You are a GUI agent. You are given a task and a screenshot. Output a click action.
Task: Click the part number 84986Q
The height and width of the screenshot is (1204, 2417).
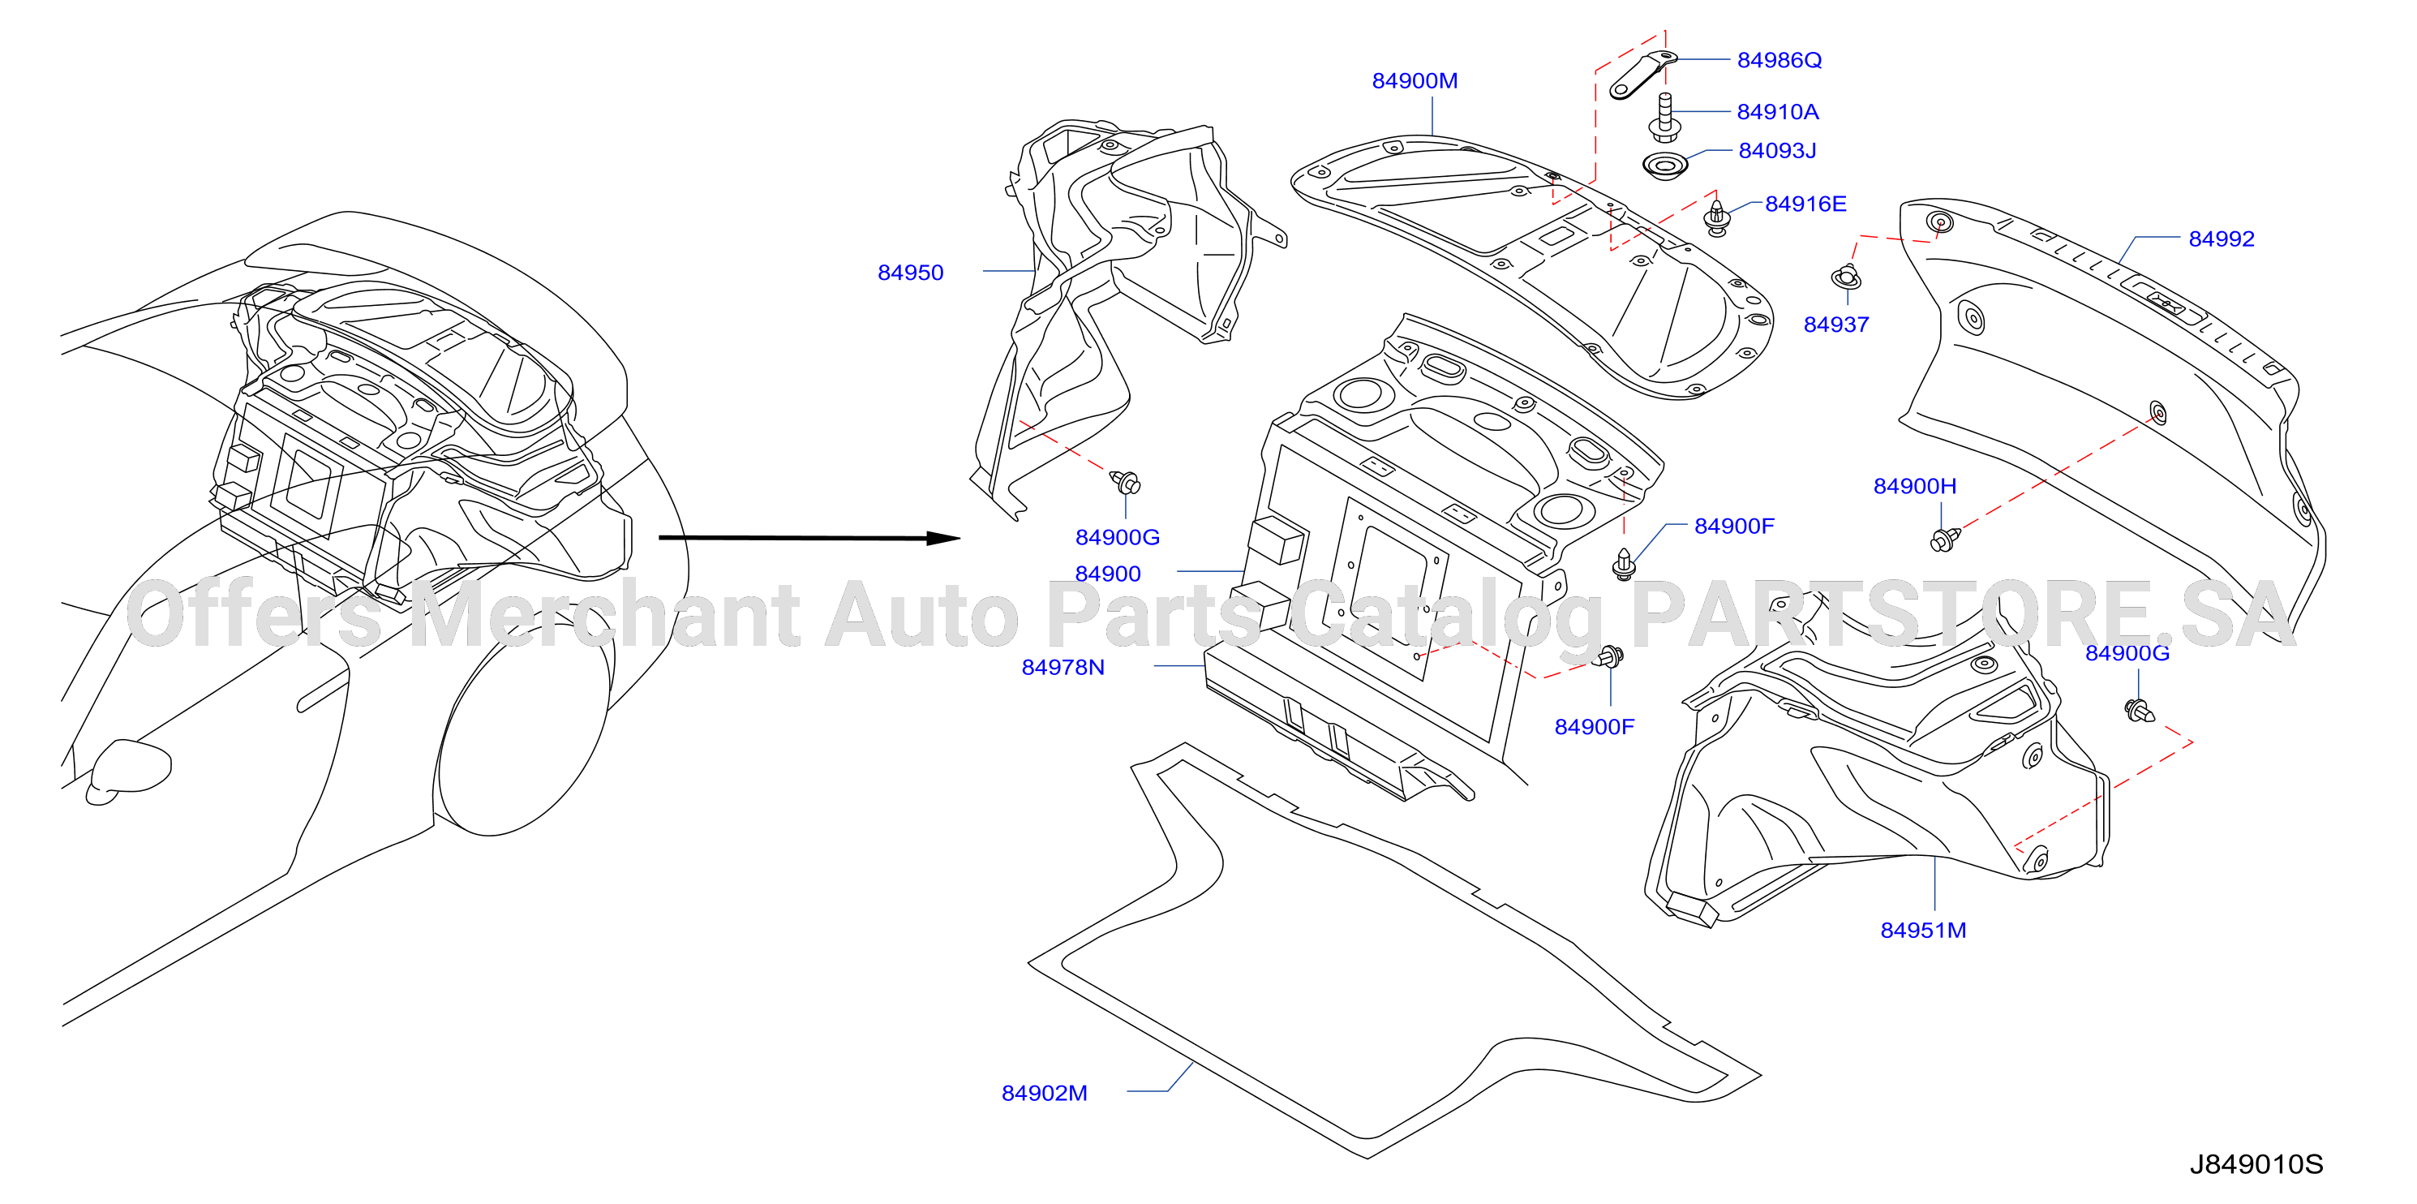(1779, 60)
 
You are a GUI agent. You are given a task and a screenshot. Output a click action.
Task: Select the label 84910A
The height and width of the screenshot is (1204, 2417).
(1777, 112)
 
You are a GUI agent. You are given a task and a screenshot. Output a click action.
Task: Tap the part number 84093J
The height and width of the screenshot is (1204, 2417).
(1777, 150)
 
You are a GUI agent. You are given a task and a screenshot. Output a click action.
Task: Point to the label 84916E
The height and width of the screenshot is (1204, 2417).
(1805, 204)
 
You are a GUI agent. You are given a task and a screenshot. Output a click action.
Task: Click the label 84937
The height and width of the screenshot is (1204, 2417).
(1836, 324)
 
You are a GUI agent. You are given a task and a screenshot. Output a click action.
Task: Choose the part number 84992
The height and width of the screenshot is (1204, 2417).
(2221, 239)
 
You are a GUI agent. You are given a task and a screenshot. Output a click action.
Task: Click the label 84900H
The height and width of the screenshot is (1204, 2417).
(1915, 486)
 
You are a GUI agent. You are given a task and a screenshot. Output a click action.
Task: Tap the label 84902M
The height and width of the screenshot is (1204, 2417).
(1045, 1094)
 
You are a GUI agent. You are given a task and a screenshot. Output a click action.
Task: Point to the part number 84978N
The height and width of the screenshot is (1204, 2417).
(1063, 667)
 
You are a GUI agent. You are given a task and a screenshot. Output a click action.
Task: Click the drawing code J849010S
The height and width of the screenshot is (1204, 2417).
(2256, 1164)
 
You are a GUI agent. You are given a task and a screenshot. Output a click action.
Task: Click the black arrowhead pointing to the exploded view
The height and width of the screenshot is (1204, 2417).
(943, 538)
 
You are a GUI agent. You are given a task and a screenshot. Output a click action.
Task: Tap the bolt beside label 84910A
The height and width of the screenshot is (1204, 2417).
(1664, 116)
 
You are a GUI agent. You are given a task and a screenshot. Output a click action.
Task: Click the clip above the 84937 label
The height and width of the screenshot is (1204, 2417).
(1845, 277)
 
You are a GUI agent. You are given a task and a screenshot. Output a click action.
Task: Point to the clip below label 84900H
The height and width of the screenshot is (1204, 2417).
(1944, 539)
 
